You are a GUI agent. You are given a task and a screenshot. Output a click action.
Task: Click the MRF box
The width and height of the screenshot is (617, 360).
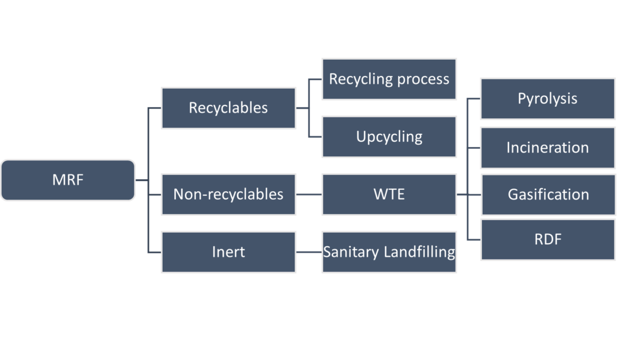[x=67, y=180]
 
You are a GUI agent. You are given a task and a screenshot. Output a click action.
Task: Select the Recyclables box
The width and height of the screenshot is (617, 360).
[x=228, y=108]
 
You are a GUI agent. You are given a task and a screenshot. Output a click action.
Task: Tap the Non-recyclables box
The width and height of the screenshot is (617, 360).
[x=228, y=194]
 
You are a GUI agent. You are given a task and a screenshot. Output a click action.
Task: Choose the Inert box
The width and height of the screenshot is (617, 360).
[x=228, y=251]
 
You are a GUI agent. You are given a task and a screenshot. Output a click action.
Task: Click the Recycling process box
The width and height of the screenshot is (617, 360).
[x=389, y=79]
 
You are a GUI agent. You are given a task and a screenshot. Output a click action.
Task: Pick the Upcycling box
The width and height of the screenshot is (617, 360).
[x=389, y=136]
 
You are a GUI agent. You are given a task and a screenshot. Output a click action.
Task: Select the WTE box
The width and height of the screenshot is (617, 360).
[x=389, y=194]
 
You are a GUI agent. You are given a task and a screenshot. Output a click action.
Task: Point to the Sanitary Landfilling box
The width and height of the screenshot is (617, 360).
[x=389, y=251]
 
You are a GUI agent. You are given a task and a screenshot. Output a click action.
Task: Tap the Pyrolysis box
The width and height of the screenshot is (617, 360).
[x=547, y=99]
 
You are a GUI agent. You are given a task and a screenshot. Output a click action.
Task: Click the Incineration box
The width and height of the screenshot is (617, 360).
[x=547, y=148]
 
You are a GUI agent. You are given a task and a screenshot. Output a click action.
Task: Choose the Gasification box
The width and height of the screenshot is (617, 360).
[x=547, y=195]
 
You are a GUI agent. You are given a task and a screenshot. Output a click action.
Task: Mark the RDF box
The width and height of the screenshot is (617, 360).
[x=547, y=239]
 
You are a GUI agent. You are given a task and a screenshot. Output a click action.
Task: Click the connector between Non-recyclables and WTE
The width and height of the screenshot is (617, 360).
[x=309, y=195]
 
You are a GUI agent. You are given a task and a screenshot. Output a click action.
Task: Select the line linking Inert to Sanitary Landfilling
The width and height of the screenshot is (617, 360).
[x=309, y=252]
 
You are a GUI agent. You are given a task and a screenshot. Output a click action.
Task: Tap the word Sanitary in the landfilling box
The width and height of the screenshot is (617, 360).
[x=351, y=251]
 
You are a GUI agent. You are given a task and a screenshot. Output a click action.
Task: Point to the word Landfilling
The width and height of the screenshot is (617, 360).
[x=419, y=251]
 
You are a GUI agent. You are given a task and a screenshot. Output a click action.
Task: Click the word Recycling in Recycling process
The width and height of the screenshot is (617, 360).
[x=357, y=79]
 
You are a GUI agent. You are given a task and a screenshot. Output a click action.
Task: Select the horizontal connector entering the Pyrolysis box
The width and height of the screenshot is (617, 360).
[x=474, y=100]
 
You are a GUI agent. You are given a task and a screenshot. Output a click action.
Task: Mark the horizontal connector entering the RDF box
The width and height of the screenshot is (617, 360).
[x=474, y=239]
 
